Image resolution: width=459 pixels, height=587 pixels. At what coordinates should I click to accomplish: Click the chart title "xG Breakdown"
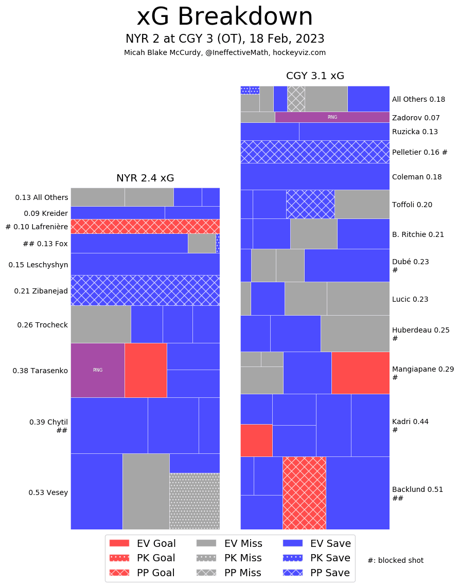pos(224,17)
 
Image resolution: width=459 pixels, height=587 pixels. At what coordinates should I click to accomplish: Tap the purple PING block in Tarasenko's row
pos(97,370)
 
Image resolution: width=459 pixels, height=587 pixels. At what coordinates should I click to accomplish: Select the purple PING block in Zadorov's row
pos(332,117)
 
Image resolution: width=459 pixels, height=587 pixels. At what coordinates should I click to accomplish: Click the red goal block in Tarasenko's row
pos(146,370)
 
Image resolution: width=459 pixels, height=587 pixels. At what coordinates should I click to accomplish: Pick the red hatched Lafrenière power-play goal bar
pos(145,226)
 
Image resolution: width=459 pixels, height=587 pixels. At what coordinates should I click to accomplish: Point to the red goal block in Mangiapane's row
pos(360,373)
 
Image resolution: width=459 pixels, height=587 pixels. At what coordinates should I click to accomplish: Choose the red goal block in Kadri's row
pos(256,440)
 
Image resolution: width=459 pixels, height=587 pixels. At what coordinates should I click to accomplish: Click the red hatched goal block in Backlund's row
pos(304,493)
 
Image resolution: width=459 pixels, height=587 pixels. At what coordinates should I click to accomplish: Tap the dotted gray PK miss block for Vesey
pos(195,501)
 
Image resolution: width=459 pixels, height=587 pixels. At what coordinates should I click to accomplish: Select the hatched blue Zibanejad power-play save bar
pos(145,290)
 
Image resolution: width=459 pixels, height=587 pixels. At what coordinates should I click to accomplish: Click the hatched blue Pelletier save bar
pos(315,152)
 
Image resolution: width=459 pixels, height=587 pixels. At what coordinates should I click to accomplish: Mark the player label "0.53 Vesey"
pos(48,492)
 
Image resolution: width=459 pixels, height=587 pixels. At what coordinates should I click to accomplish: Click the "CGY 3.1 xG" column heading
pos(315,76)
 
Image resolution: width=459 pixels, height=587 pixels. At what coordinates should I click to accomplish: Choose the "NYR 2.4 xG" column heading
pos(145,178)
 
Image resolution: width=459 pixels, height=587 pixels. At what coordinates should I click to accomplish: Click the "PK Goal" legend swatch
pos(120,558)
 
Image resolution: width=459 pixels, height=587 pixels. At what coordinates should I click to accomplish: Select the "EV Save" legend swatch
pos(293,543)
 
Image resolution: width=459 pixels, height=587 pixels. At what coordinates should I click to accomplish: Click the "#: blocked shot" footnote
pos(395,560)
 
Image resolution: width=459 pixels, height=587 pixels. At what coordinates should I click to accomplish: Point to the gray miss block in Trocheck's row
pos(100,324)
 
